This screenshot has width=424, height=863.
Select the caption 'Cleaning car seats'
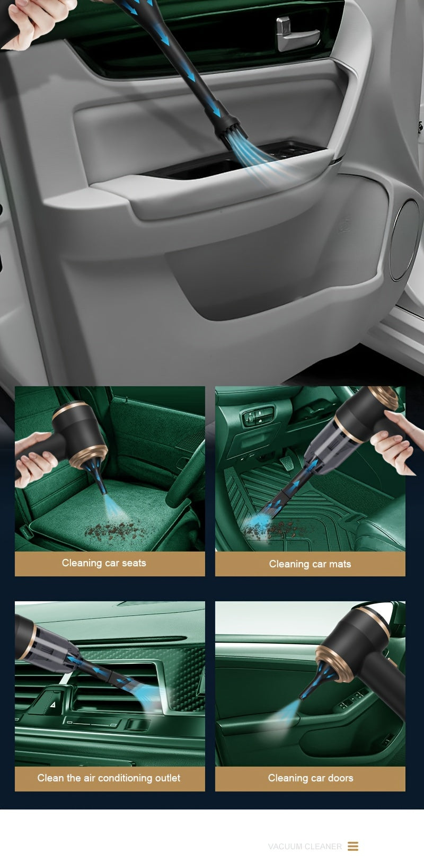pos(104,563)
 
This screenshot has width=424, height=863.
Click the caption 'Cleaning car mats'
pos(310,564)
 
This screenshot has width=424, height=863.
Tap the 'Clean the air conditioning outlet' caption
pos(109,778)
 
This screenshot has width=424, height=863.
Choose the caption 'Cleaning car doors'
pos(311,778)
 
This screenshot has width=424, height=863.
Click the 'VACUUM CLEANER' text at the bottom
pos(305,847)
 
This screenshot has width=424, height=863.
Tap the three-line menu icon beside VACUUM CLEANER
pos(353,847)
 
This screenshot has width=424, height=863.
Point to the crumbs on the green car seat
pos(111,530)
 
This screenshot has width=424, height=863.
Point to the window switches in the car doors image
pos(352,700)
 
